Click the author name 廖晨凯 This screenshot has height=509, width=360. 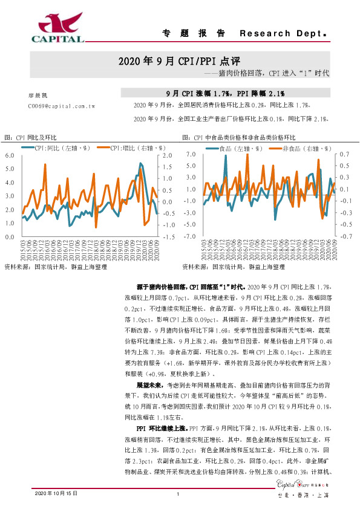[38, 96]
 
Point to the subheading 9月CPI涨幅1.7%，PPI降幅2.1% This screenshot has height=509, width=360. [224, 94]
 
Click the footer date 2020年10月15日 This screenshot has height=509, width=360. [57, 494]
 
